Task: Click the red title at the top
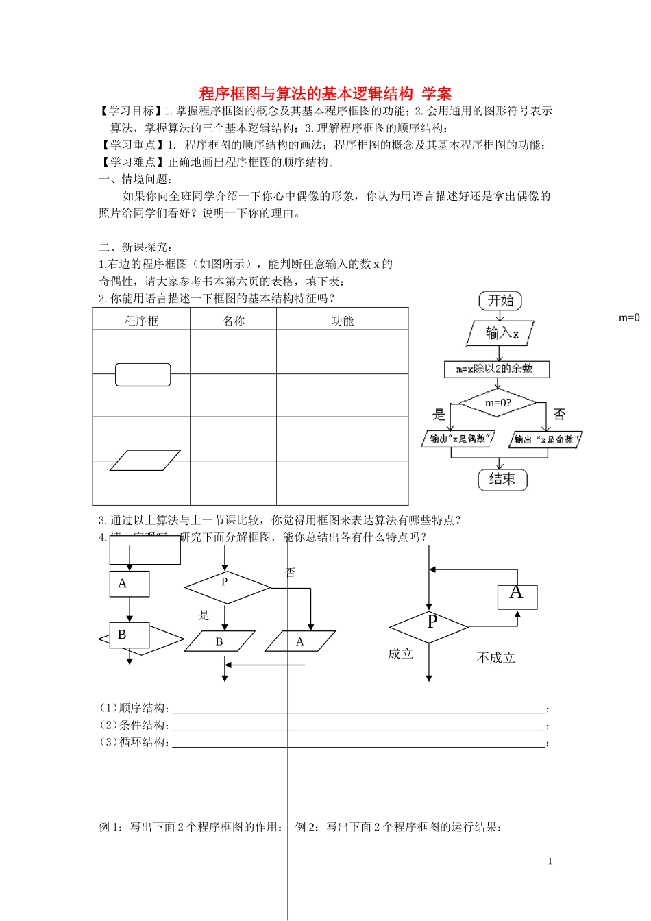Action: pos(325,93)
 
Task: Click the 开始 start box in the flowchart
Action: pos(500,300)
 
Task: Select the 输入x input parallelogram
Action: pos(500,334)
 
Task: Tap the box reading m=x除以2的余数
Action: pos(497,369)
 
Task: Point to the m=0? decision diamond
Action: pos(498,403)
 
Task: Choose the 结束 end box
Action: pos(502,479)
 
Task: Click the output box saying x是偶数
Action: pos(458,439)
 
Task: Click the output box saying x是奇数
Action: pos(545,439)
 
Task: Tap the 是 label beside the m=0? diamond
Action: pos(439,415)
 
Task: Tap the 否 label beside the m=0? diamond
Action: pos(559,415)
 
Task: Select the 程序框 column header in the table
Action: pos(141,321)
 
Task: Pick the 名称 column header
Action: pos(234,321)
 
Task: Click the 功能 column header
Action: pos(343,321)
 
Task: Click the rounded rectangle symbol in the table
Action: pos(143,375)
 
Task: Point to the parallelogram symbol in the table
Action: pos(145,460)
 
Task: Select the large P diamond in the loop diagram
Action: pos(429,626)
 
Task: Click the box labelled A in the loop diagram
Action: pos(517,596)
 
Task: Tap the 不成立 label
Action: pos(495,658)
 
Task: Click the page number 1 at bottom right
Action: pos(550,861)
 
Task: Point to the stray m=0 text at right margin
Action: pos(629,317)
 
